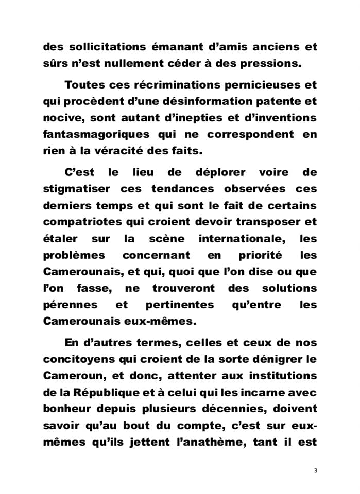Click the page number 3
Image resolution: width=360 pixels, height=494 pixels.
315,471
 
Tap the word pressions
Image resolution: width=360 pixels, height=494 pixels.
283,64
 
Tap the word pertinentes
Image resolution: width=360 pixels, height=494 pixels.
179,305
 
